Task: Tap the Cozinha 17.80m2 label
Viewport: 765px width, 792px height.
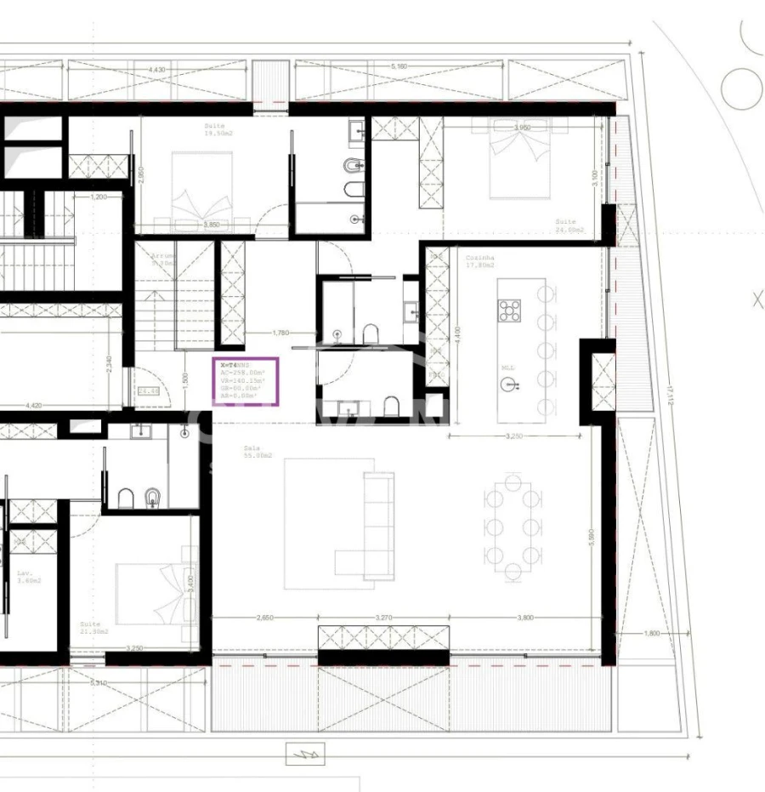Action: click(480, 260)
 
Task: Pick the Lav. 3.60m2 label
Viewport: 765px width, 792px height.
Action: click(26, 577)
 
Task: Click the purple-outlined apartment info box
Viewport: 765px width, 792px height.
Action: click(246, 381)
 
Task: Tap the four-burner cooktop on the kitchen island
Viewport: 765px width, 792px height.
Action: click(510, 311)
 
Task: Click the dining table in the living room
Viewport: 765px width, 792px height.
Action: click(509, 526)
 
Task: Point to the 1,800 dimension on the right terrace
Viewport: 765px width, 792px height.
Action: click(652, 634)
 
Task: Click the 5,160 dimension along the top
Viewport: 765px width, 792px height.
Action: click(400, 66)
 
